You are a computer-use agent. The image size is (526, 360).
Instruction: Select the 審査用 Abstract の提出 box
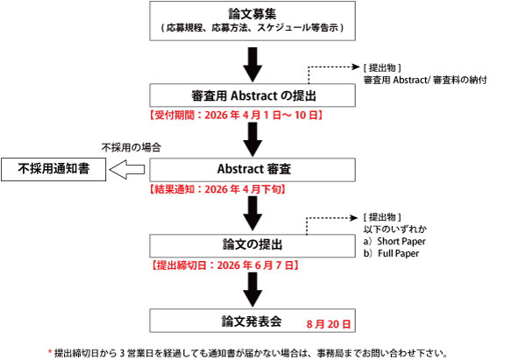pos(252,95)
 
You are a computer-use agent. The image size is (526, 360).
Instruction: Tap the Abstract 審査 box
pos(252,167)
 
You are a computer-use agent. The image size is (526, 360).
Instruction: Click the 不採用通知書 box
pos(52,168)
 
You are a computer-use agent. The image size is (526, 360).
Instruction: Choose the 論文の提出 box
pos(252,243)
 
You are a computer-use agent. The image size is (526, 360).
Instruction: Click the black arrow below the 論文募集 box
pos(252,61)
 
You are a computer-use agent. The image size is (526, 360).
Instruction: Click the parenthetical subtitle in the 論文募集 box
pos(252,29)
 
